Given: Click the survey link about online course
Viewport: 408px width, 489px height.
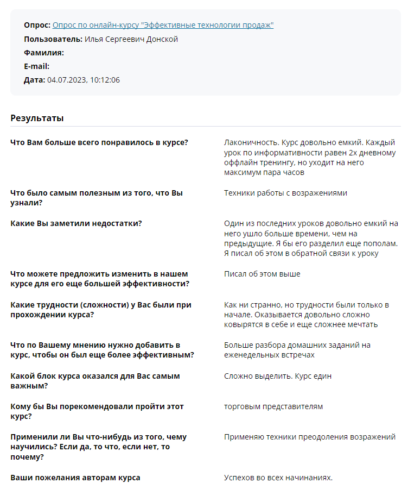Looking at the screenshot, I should tap(163, 25).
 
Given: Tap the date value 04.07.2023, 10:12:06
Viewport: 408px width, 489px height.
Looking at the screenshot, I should tap(84, 80).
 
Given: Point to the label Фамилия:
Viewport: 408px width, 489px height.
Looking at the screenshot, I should tap(44, 53).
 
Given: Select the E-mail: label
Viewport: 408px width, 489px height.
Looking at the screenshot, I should tap(37, 66).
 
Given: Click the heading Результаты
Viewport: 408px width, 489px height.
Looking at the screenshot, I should tap(37, 118).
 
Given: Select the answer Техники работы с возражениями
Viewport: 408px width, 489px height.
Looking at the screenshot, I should tap(285, 193).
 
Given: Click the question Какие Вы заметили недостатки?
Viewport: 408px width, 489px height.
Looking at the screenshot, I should tap(76, 223).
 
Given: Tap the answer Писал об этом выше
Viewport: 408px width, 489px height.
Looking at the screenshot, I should tap(262, 274).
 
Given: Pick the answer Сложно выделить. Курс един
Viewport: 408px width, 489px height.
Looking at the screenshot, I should tap(277, 376).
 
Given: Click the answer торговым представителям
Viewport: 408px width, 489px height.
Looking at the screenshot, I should tap(273, 406).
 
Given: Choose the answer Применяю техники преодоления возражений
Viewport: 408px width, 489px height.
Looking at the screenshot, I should tap(309, 437).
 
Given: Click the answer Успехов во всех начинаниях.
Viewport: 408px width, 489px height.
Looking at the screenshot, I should tap(278, 478).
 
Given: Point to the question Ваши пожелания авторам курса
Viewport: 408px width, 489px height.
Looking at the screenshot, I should tap(75, 478).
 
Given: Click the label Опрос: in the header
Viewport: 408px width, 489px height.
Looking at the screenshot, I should tap(37, 25).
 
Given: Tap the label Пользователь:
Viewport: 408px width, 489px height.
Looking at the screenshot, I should tap(53, 39).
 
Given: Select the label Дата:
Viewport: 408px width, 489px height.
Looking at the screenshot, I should tap(34, 80).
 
